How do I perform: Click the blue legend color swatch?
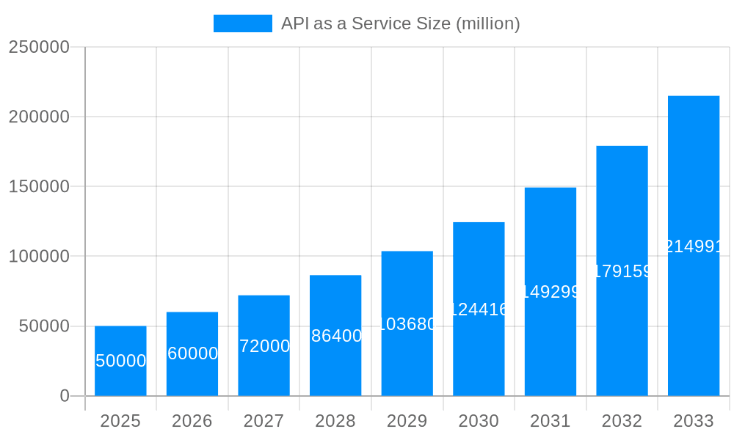click(x=242, y=23)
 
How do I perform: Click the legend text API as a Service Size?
click(x=400, y=23)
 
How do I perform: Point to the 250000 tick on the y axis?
click(x=38, y=47)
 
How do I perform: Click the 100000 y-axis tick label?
click(x=38, y=257)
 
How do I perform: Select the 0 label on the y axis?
click(x=64, y=396)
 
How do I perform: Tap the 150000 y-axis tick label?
click(x=38, y=187)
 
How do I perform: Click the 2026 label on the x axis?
click(x=192, y=421)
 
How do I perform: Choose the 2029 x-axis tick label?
click(x=407, y=421)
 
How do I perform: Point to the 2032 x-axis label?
click(x=622, y=421)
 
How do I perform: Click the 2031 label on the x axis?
click(x=550, y=421)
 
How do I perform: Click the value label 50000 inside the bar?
click(x=120, y=361)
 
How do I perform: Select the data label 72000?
click(x=264, y=346)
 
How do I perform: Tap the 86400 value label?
click(x=336, y=336)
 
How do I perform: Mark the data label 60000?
click(x=192, y=353)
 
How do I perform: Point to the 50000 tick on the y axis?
click(x=43, y=326)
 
